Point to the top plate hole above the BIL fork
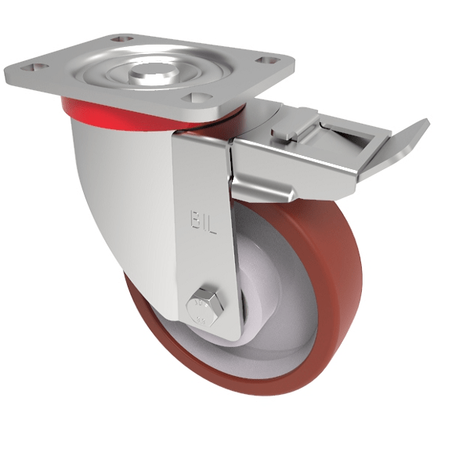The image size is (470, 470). click(192, 98)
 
